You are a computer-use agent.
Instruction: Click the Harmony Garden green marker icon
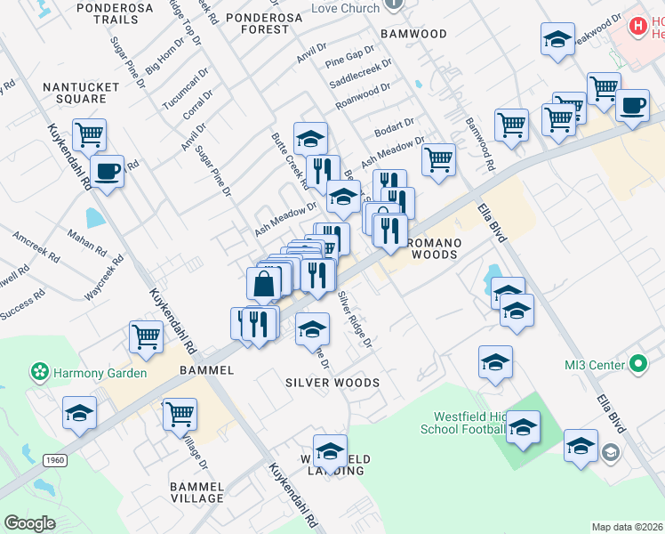[39, 370]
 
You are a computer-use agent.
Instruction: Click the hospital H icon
[637, 27]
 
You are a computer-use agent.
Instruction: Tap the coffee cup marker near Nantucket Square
[107, 170]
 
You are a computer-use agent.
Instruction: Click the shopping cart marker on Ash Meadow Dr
[438, 159]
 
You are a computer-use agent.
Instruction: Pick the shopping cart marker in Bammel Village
[180, 413]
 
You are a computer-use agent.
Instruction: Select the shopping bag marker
[265, 284]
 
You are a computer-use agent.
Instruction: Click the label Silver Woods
[332, 383]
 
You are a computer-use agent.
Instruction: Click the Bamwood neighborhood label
[413, 34]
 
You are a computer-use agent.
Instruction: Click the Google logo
[30, 522]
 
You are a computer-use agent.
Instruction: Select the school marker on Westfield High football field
[524, 427]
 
